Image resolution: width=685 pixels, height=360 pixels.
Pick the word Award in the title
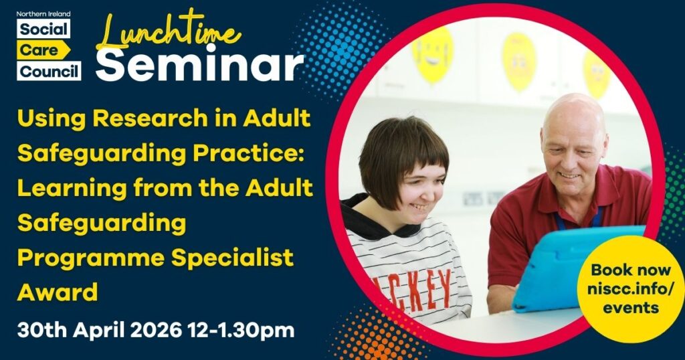point(58,292)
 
